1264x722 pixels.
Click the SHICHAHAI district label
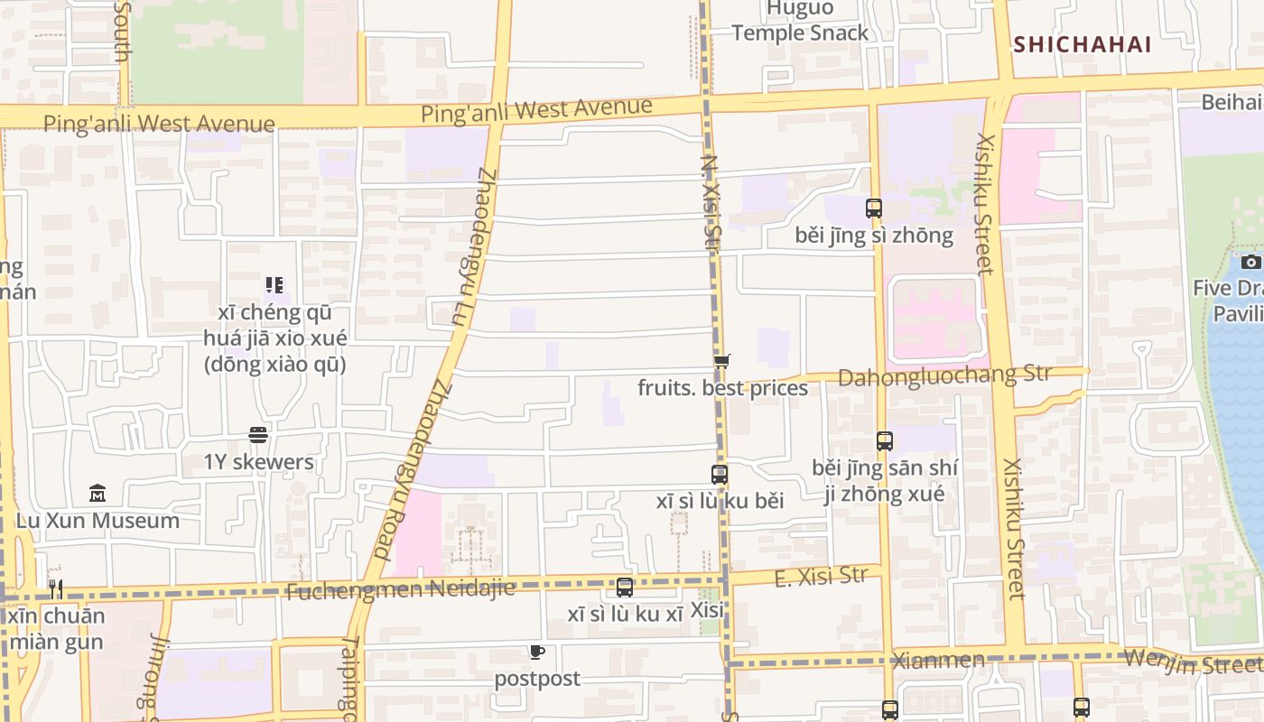point(1082,44)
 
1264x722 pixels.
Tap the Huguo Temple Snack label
point(799,21)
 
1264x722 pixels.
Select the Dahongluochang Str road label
point(944,375)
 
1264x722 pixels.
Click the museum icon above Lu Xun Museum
point(98,494)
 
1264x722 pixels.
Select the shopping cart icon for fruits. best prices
point(721,362)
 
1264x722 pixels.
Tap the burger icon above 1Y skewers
point(258,435)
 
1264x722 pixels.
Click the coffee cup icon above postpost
point(537,652)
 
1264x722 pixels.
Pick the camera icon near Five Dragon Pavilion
point(1250,262)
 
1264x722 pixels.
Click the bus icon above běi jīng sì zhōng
point(873,208)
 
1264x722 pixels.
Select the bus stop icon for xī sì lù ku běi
point(720,474)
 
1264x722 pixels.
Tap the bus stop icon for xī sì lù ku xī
point(624,588)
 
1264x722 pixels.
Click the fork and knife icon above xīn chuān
point(56,589)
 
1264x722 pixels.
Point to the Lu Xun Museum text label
point(98,521)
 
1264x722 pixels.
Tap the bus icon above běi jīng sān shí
point(884,441)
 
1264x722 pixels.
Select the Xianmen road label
point(937,660)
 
